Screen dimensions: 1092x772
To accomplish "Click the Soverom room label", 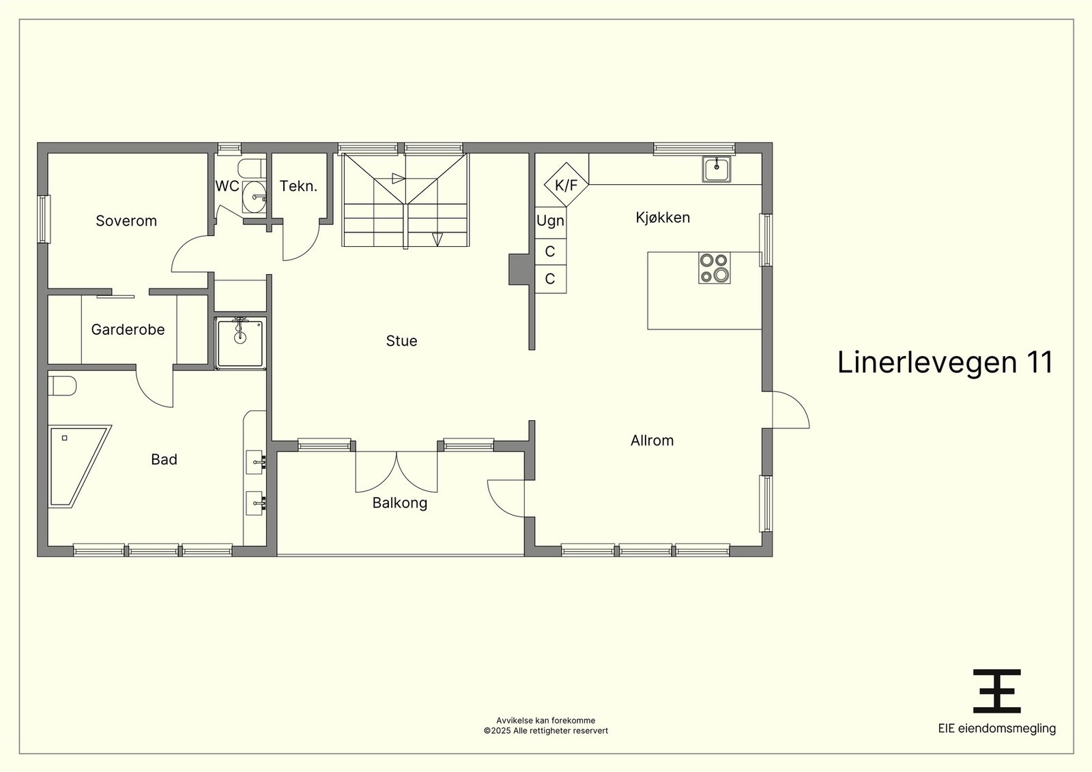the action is [x=126, y=221].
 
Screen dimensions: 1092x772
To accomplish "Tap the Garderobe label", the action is [x=128, y=330].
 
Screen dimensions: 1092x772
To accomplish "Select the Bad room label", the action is [x=164, y=459].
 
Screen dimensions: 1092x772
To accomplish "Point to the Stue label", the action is [x=401, y=341].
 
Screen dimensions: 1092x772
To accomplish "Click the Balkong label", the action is [x=400, y=503].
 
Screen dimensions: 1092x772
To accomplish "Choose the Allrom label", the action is [x=652, y=441].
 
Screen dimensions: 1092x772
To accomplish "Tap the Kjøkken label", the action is [x=663, y=218].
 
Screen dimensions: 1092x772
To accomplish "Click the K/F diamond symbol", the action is [x=566, y=185].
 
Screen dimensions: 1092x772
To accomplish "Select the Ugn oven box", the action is [x=550, y=222].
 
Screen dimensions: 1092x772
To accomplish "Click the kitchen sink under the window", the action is [x=717, y=169].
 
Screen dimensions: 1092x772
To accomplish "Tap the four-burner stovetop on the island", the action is [x=714, y=268].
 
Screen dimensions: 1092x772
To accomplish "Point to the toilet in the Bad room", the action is [x=62, y=386].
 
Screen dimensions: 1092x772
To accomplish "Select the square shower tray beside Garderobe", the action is [x=240, y=342].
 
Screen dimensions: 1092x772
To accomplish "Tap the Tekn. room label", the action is [x=298, y=186].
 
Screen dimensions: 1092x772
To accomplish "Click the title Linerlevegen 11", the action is [x=945, y=362].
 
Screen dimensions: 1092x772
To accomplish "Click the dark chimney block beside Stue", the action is [x=519, y=269].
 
